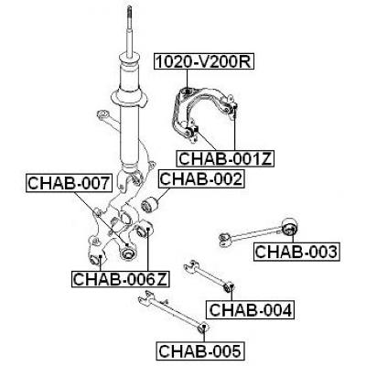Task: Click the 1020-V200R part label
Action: click(x=204, y=61)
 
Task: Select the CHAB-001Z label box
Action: click(x=225, y=158)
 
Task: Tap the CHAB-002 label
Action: click(x=201, y=179)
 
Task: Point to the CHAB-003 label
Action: click(x=296, y=252)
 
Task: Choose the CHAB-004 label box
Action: click(x=251, y=310)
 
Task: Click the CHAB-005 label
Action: click(x=201, y=350)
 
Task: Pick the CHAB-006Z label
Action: click(x=121, y=279)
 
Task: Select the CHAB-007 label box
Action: click(x=69, y=183)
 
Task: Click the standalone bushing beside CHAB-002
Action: click(x=150, y=206)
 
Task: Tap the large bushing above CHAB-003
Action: click(x=289, y=227)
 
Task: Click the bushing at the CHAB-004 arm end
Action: click(x=229, y=287)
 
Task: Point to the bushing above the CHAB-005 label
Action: click(x=202, y=328)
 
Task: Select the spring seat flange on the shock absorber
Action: click(x=129, y=98)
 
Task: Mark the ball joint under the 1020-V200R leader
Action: click(x=187, y=91)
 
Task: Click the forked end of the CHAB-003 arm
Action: click(x=225, y=239)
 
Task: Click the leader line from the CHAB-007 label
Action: click(x=102, y=219)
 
